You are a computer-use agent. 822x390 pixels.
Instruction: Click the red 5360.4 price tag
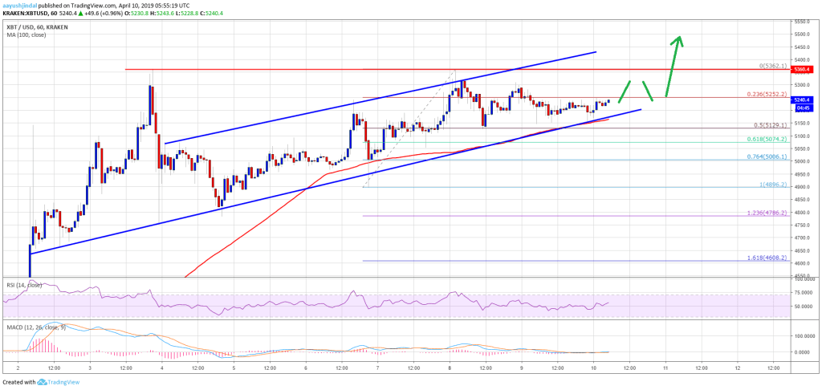(803, 70)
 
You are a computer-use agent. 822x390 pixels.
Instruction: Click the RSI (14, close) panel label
(23, 284)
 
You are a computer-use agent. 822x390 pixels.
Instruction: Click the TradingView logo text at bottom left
(48, 381)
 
